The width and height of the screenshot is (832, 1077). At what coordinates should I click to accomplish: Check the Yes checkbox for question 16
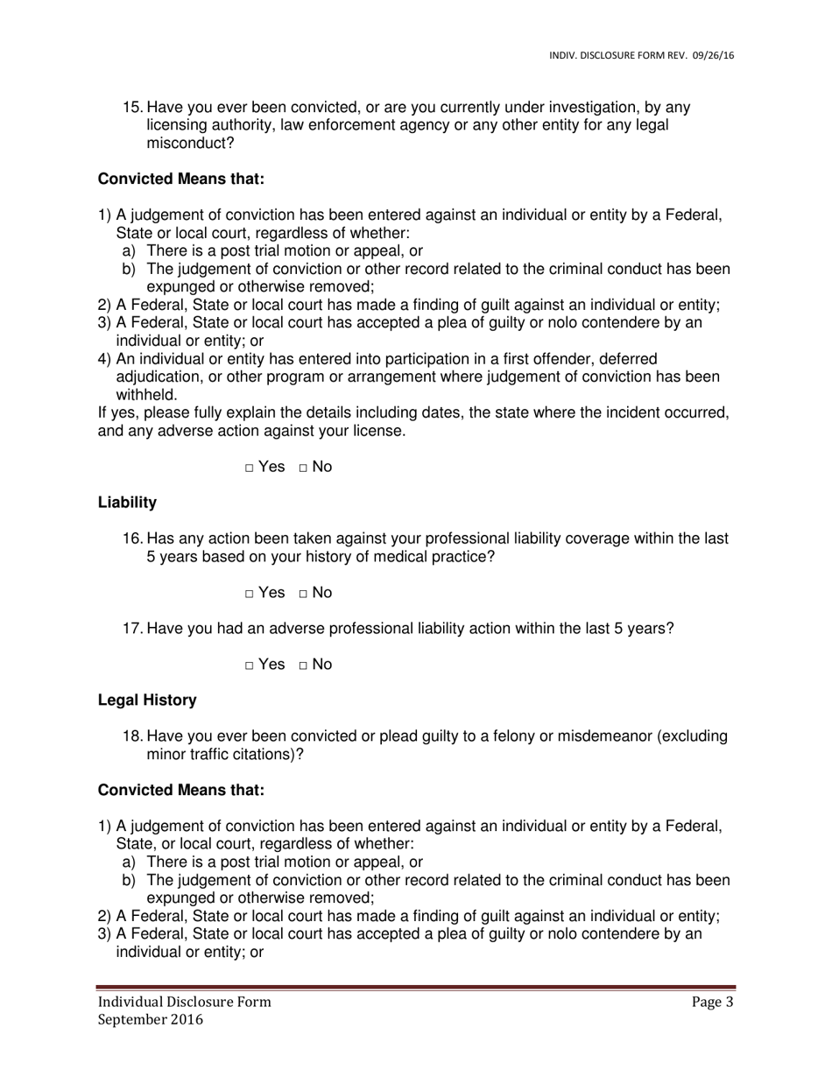pyautogui.click(x=250, y=595)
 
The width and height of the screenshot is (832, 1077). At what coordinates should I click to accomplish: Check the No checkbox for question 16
pyautogui.click(x=303, y=595)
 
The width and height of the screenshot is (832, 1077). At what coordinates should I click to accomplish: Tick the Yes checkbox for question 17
pyautogui.click(x=250, y=666)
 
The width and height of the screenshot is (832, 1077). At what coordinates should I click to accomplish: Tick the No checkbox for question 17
pyautogui.click(x=303, y=666)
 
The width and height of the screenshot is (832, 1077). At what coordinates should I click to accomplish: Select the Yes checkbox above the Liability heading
pyautogui.click(x=250, y=468)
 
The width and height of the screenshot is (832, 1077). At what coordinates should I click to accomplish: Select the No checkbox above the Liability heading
pyautogui.click(x=303, y=468)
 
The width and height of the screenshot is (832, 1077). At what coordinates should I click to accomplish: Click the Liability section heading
pyautogui.click(x=127, y=503)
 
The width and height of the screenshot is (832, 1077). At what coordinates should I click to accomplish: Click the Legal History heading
pyautogui.click(x=147, y=700)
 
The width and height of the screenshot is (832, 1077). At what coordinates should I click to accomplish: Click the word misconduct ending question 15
pyautogui.click(x=190, y=144)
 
